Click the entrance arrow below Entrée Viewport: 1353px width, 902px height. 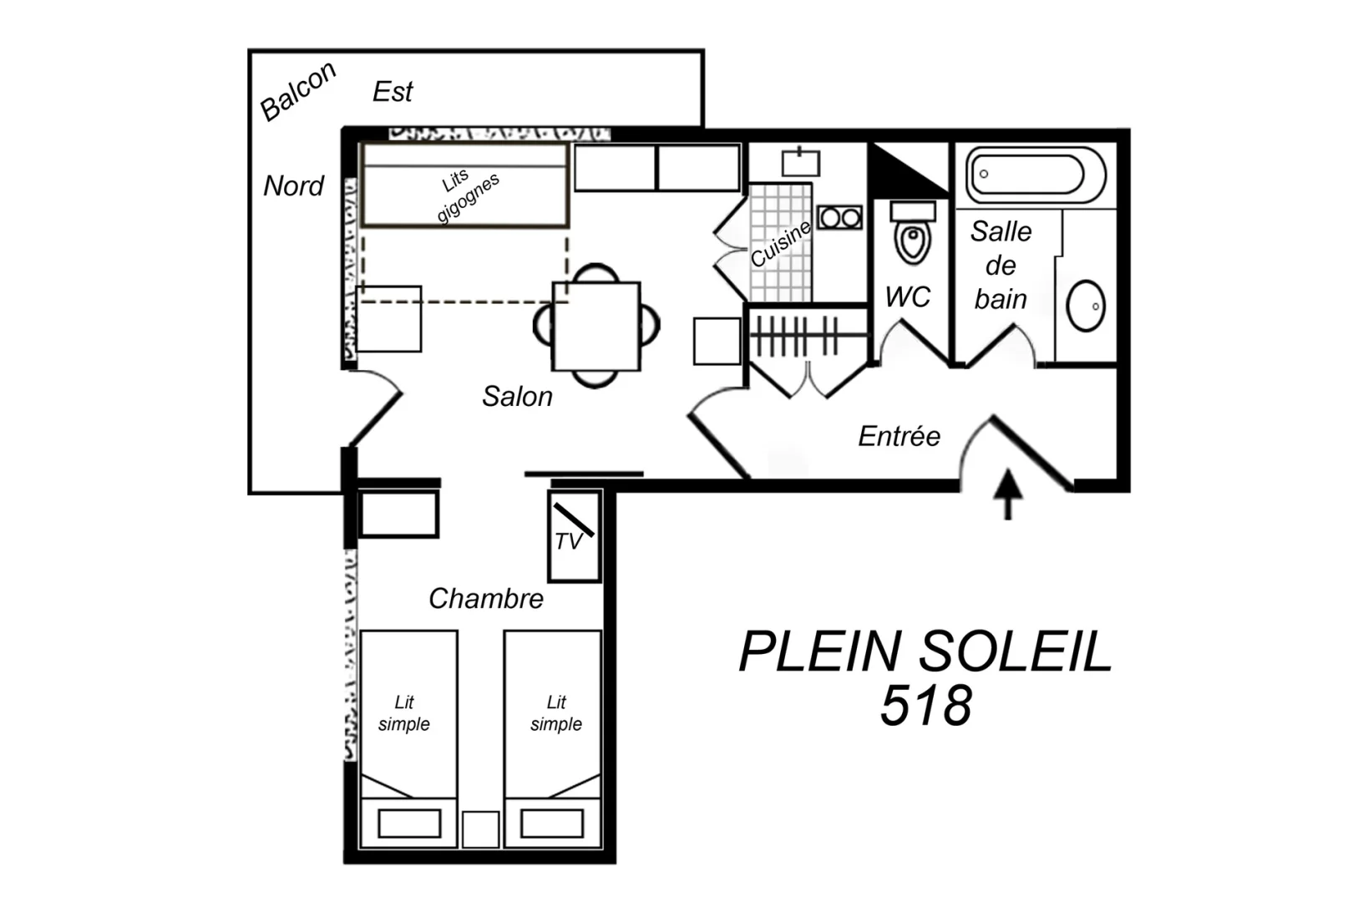(1007, 494)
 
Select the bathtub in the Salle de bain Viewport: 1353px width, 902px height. (1036, 175)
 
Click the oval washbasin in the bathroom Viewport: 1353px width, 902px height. (1086, 306)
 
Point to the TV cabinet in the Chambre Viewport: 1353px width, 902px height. (574, 536)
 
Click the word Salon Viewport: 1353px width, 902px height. (517, 397)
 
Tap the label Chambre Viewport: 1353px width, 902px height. (486, 599)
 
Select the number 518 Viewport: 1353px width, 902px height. (926, 706)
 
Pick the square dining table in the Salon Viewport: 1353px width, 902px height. (596, 327)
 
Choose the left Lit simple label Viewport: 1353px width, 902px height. (404, 713)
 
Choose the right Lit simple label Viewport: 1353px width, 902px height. (556, 713)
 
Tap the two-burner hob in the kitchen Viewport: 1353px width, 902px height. (840, 217)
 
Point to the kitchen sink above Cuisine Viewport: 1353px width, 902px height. (800, 162)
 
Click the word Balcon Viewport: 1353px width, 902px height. (297, 91)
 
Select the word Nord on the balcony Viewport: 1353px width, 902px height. (293, 185)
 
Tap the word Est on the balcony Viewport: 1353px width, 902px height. (393, 92)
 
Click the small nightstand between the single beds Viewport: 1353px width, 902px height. (481, 829)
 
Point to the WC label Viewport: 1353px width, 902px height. (908, 297)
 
